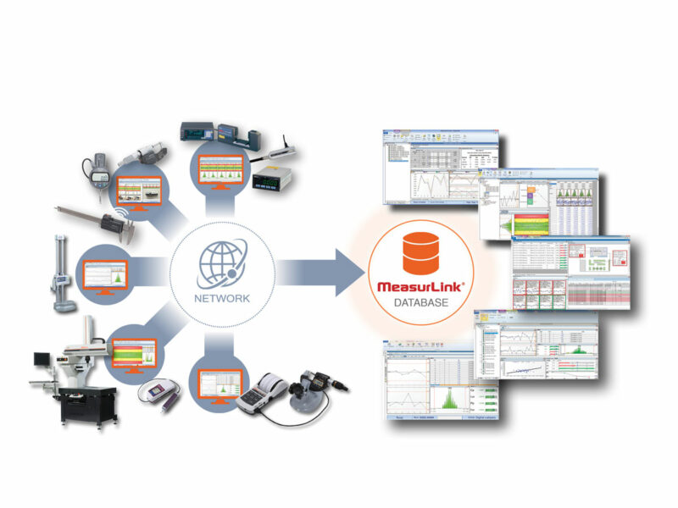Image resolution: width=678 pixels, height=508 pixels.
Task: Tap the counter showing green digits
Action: tap(270, 179)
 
